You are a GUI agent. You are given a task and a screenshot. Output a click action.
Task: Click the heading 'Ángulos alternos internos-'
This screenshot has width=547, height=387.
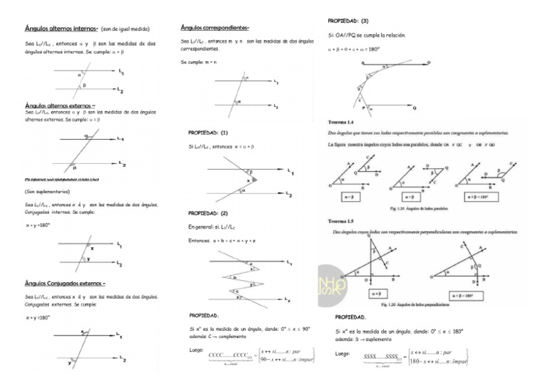pyautogui.click(x=56, y=29)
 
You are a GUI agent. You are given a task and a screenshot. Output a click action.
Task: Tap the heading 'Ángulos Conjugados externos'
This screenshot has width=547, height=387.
pyautogui.click(x=65, y=282)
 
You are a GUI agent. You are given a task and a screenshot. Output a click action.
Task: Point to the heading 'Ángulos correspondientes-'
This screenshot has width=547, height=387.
pyautogui.click(x=215, y=28)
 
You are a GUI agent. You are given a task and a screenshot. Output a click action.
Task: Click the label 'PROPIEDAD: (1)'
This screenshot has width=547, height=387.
pyautogui.click(x=208, y=133)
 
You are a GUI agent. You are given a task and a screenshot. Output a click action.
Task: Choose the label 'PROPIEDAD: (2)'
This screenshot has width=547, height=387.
pyautogui.click(x=208, y=213)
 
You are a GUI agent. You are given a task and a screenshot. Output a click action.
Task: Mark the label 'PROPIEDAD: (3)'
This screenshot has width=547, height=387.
pyautogui.click(x=348, y=21)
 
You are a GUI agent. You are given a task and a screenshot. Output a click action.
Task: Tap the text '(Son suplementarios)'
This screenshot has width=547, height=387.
pyautogui.click(x=47, y=192)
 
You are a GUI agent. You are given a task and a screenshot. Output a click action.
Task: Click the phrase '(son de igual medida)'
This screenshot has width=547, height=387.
pyautogui.click(x=130, y=30)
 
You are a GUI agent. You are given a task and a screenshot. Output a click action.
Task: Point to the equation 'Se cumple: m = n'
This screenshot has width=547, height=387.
pyautogui.click(x=199, y=63)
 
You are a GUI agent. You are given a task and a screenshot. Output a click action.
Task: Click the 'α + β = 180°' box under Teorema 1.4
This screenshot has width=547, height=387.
pyautogui.click(x=481, y=196)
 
